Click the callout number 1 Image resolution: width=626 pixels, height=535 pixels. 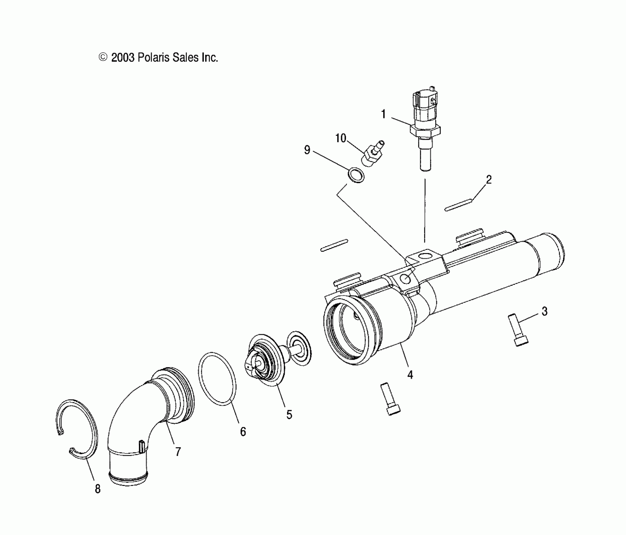(383, 114)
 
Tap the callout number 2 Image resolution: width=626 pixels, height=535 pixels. (488, 180)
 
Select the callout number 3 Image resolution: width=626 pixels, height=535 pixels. (544, 311)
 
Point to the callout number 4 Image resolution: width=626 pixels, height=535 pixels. (410, 374)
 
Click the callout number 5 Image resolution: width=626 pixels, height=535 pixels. (289, 414)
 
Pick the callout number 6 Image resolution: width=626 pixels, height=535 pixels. (243, 432)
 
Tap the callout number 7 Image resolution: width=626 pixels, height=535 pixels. (178, 452)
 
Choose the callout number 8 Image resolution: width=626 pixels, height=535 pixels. (98, 489)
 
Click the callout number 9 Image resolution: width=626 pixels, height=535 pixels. (307, 150)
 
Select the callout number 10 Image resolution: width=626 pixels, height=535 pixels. (341, 138)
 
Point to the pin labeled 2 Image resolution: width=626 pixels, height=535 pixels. (458, 204)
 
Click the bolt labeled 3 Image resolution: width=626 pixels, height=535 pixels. (517, 330)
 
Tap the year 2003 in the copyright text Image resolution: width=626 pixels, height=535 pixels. (123, 58)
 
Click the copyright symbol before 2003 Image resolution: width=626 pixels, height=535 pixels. (103, 57)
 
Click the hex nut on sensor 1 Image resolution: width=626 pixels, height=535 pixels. (425, 130)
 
